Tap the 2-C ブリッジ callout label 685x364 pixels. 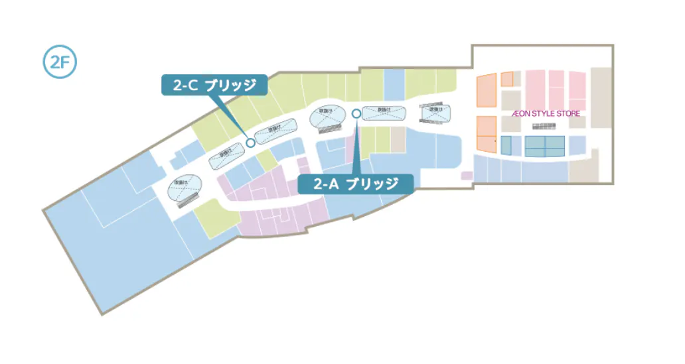(x=214, y=85)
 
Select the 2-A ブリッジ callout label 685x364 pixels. (x=355, y=183)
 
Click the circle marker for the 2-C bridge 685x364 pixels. (x=250, y=142)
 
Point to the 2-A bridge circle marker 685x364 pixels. (x=356, y=113)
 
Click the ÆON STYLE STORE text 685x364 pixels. (x=546, y=113)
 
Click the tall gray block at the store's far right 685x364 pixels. (x=601, y=97)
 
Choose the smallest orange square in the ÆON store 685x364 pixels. (x=507, y=79)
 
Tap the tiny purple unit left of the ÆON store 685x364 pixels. (x=467, y=176)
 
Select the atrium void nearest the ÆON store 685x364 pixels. (x=435, y=114)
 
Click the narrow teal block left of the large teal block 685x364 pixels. (x=506, y=145)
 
